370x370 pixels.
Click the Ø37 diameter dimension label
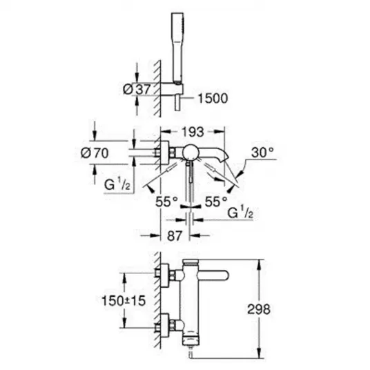click(137, 89)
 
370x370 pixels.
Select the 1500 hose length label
click(213, 98)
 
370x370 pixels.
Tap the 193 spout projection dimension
click(193, 132)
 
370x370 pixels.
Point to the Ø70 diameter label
click(95, 153)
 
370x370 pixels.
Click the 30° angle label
click(262, 153)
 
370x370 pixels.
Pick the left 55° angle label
click(166, 202)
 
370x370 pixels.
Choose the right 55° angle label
click(216, 202)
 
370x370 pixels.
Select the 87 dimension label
click(175, 235)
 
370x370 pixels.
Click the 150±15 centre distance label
click(124, 301)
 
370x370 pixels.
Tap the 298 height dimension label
click(259, 309)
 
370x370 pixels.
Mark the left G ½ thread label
click(117, 184)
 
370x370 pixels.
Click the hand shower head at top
click(177, 47)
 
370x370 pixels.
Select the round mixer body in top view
click(191, 152)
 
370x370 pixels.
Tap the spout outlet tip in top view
click(225, 157)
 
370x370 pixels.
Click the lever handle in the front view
click(214, 276)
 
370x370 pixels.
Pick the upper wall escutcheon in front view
click(165, 275)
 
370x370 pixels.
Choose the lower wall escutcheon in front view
click(165, 326)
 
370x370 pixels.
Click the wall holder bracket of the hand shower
click(172, 89)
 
